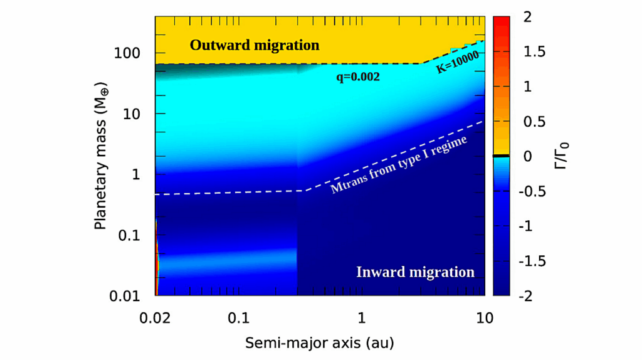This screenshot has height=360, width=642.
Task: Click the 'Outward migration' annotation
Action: (255, 45)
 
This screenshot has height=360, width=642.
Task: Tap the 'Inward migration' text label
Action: (415, 272)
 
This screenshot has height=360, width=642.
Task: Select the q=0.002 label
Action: (358, 78)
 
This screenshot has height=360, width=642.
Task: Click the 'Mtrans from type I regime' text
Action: (399, 164)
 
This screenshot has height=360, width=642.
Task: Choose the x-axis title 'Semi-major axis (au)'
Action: (319, 343)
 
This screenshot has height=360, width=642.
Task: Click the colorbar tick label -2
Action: (525, 296)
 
